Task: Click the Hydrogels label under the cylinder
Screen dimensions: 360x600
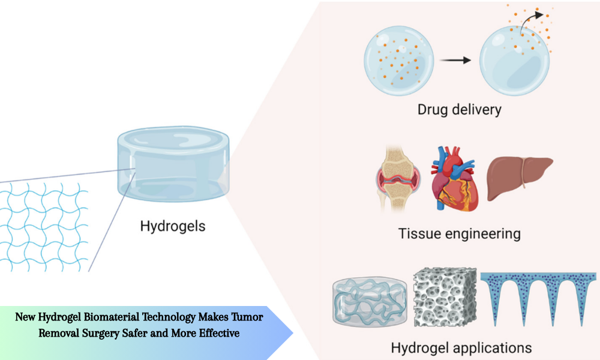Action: click(x=173, y=226)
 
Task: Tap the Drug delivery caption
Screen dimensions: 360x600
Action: click(x=460, y=110)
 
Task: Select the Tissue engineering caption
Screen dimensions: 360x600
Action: click(x=460, y=233)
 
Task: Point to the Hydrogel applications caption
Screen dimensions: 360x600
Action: click(x=461, y=347)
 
